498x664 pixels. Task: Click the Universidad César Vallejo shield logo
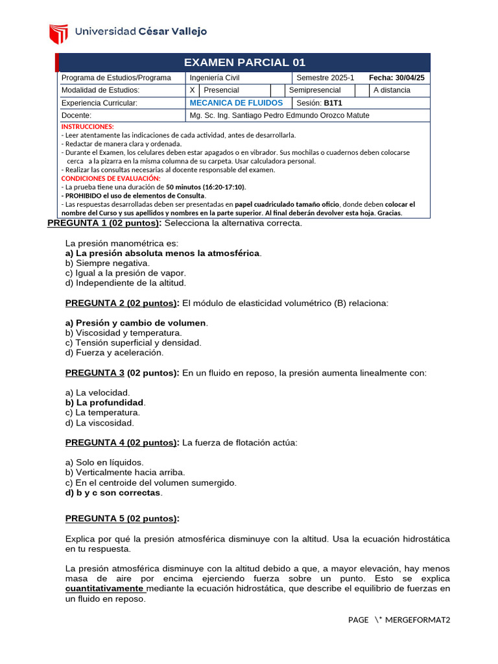pyautogui.click(x=58, y=32)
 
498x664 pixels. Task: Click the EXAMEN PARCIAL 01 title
pyautogui.click(x=244, y=62)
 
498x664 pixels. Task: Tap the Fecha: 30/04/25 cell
pyautogui.click(x=396, y=78)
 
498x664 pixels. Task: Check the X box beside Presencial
pyautogui.click(x=192, y=90)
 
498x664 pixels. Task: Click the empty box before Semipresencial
pyautogui.click(x=277, y=90)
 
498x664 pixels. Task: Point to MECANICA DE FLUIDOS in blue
pyautogui.click(x=236, y=103)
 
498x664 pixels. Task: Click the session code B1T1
pyautogui.click(x=333, y=103)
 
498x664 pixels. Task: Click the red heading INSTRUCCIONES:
pyautogui.click(x=88, y=126)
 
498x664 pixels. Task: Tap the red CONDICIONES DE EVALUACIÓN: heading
pyautogui.click(x=110, y=178)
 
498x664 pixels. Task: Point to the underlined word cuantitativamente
pyautogui.click(x=104, y=588)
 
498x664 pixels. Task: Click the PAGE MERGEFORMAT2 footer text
pyautogui.click(x=398, y=620)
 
